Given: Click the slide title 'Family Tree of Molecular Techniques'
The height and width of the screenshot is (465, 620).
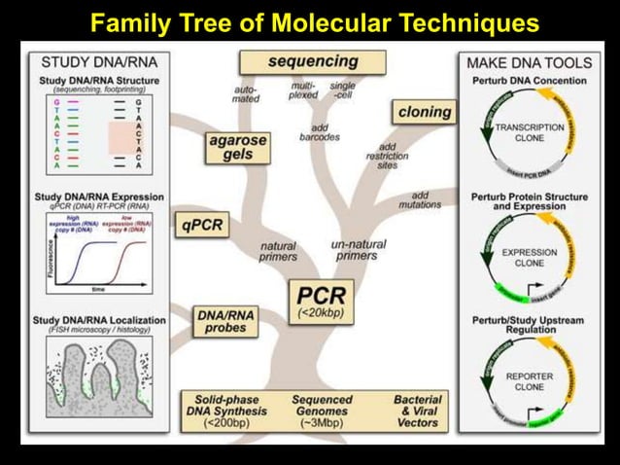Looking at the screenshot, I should tap(309, 20).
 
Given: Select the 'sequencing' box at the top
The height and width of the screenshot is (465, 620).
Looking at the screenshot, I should tap(313, 61).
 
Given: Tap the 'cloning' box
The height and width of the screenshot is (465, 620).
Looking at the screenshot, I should tap(424, 112).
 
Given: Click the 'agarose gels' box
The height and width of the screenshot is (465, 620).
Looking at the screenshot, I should tap(238, 148).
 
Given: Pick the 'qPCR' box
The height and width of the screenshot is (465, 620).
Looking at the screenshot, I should tap(202, 226).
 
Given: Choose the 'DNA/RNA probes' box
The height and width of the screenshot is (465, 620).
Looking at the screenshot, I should tap(225, 322).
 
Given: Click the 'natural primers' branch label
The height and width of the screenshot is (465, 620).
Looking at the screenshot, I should tap(278, 251).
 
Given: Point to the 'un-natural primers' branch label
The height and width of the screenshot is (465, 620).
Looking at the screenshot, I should tap(358, 249).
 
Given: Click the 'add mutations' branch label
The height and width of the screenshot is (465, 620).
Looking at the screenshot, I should tap(420, 199).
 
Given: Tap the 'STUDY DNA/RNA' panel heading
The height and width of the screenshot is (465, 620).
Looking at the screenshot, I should tap(86, 62).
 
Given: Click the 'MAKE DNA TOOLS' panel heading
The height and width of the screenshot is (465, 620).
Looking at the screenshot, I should tap(530, 62).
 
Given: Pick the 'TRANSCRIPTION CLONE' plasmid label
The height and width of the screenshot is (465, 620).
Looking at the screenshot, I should tap(529, 132).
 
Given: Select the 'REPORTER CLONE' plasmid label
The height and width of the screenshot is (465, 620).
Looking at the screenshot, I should tap(529, 380).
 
